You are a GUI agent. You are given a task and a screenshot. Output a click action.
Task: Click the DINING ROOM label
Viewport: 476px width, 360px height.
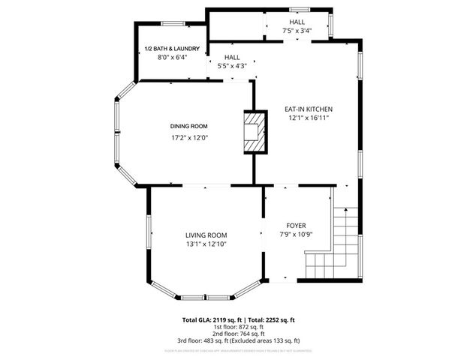(x=188, y=126)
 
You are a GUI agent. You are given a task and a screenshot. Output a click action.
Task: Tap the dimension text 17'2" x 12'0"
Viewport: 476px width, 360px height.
(x=188, y=137)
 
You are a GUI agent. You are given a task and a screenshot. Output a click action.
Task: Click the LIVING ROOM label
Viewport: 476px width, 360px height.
(x=206, y=235)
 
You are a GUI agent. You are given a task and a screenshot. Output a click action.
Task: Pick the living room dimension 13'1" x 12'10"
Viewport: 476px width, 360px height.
(x=206, y=244)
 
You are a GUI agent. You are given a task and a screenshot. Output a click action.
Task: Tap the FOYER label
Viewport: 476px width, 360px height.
(x=296, y=225)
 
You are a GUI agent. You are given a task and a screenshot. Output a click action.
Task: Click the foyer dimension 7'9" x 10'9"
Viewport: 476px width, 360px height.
(x=296, y=235)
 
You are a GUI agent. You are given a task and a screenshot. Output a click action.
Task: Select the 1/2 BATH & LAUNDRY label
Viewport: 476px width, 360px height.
(x=171, y=49)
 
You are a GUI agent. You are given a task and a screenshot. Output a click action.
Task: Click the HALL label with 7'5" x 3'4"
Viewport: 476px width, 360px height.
(x=297, y=22)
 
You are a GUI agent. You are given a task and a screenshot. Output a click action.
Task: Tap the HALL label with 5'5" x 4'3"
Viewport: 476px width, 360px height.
(x=231, y=57)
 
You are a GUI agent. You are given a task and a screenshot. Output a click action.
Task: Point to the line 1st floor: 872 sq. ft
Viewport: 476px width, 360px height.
(x=237, y=326)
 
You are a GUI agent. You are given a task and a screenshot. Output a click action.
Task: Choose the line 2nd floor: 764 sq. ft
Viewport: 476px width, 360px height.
(x=237, y=333)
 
